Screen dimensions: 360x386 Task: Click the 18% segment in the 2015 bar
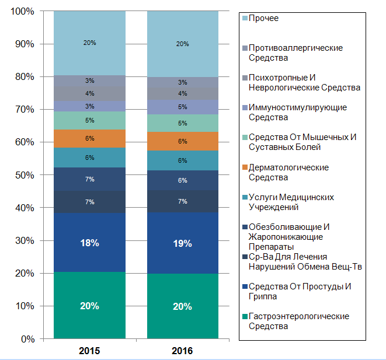tap(89, 243)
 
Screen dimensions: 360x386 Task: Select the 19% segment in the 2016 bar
tap(183, 243)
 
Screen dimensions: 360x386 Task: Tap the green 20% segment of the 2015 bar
tap(89, 305)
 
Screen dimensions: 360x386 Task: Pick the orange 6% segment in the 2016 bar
tap(183, 141)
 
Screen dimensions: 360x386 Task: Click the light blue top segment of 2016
tap(183, 44)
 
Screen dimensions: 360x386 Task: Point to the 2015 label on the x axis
tap(89, 351)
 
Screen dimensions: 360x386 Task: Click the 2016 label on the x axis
tap(183, 351)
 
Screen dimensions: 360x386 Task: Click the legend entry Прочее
tap(263, 18)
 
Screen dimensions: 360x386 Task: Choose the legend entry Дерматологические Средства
tap(288, 172)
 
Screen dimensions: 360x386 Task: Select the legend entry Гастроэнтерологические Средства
tap(298, 321)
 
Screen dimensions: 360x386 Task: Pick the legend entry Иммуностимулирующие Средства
tap(297, 112)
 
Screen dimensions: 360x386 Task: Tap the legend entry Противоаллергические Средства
tap(295, 53)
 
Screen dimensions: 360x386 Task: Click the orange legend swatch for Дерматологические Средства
tap(245, 167)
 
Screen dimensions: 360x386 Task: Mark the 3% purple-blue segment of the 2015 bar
tap(89, 106)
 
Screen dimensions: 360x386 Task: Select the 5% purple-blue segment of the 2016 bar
tap(183, 107)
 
